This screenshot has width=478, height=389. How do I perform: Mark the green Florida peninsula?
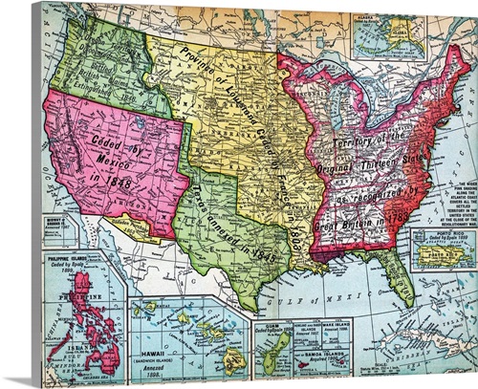tap(394, 275)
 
